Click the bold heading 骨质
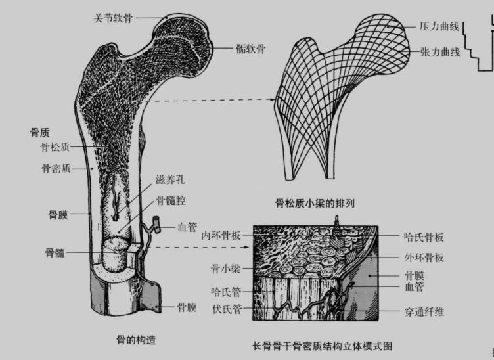point(40,132)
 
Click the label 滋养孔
point(169,179)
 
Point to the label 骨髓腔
point(171,200)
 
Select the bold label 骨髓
point(56,253)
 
